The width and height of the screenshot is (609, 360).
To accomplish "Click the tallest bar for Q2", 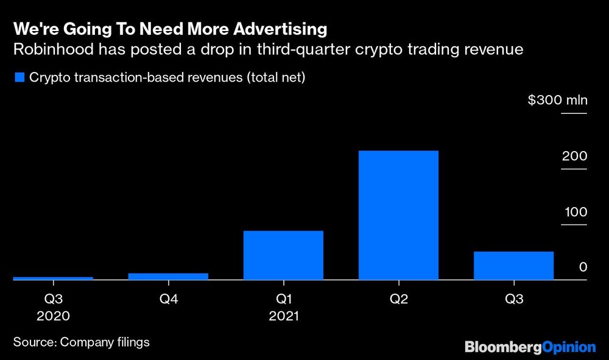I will click(398, 214).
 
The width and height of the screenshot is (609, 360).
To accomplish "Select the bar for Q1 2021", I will click(283, 255).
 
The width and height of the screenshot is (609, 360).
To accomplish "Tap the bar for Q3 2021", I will click(514, 265).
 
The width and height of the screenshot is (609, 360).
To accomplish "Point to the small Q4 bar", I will click(168, 276).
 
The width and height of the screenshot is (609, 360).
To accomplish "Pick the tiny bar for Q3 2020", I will click(53, 278).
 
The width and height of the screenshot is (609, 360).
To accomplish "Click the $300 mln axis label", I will click(557, 100).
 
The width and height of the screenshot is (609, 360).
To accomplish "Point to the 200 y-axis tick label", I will click(575, 157).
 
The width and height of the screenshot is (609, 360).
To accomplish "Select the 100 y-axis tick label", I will click(575, 213).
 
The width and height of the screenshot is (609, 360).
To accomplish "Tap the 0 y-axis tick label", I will click(583, 267).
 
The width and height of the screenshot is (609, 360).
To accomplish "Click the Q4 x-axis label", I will click(168, 299).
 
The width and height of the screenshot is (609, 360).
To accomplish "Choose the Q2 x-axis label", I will click(398, 299).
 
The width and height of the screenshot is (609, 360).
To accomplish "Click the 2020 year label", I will click(53, 316).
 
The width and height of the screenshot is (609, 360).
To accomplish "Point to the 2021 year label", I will click(283, 316).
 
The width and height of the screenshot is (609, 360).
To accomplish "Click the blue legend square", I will click(18, 77).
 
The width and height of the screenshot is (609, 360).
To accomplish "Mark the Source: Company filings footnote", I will click(81, 342).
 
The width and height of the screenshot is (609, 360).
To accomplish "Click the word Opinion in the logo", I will click(568, 347).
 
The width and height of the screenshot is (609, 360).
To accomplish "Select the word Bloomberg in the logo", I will click(503, 347).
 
